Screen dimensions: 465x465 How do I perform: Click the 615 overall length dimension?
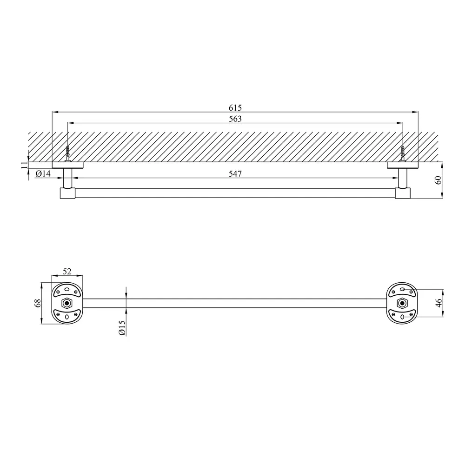[x=235, y=108]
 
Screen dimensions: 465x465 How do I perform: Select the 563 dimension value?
[x=235, y=119]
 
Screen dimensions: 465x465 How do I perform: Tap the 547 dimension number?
[x=235, y=174]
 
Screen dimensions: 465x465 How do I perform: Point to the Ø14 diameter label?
[x=43, y=174]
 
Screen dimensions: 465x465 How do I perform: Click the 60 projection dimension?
[x=438, y=180]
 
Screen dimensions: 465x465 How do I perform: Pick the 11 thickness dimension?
[x=24, y=166]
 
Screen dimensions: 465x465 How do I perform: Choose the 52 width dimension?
[x=67, y=272]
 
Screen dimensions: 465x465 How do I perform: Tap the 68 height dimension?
[x=38, y=303]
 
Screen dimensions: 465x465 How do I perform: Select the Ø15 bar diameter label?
[x=122, y=328]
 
